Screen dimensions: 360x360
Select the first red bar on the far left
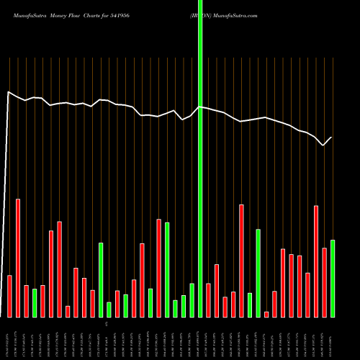point(9,296)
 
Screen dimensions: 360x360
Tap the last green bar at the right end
point(333,278)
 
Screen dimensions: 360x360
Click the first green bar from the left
point(35,302)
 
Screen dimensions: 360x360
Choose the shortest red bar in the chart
point(266,314)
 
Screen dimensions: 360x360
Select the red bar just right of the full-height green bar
point(208,300)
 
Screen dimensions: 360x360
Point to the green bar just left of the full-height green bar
point(192,300)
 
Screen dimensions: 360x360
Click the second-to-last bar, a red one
point(324,282)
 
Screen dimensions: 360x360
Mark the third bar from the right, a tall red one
point(316,261)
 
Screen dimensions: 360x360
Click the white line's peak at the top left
point(9,92)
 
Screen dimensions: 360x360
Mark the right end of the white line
point(332,137)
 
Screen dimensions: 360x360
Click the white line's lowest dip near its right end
point(324,145)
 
